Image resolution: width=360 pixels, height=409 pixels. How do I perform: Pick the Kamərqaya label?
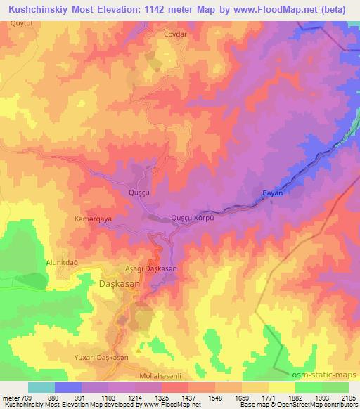tap(94, 219)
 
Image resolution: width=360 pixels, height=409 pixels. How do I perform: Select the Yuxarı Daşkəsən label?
tap(101, 358)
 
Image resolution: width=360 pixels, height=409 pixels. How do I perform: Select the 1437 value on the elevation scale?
tap(188, 398)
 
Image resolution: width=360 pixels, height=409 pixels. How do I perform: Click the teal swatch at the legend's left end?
tap(41, 387)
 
